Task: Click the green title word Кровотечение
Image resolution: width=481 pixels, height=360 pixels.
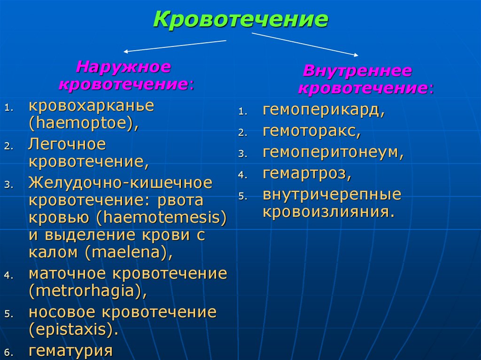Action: point(240,20)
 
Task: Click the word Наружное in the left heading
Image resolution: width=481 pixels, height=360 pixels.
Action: point(124,66)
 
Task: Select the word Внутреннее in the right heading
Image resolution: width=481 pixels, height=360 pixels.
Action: point(357,71)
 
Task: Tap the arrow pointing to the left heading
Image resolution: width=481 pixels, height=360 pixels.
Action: point(174,46)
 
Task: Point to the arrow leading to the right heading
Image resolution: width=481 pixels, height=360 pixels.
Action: point(305,44)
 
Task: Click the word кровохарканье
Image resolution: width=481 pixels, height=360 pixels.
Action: point(91,106)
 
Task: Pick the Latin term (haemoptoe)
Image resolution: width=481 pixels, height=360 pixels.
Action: point(84,124)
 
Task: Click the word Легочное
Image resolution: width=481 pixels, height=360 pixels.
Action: point(67,144)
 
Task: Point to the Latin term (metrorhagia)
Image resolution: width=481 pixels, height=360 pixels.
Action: point(87,291)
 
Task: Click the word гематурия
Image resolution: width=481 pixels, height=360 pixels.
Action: point(70,351)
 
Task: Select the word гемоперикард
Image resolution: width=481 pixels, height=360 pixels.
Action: point(324,111)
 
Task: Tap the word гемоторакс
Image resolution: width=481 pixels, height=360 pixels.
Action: point(311,132)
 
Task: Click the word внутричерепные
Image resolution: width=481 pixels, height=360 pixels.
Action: point(332,194)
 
